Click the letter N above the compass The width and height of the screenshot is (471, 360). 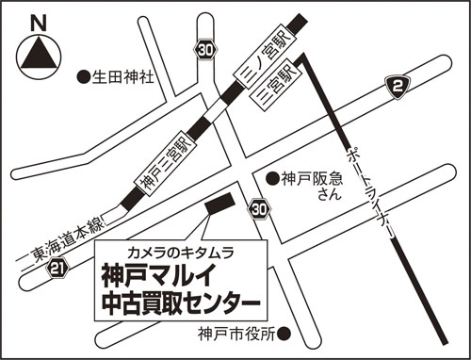coord(39,24)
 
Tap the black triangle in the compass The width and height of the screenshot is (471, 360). coord(39,54)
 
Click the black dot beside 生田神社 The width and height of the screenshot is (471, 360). coord(84,76)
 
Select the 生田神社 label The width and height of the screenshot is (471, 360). coord(122,76)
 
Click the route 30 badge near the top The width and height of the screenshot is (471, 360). coord(205,50)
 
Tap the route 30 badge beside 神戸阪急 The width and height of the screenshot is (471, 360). coord(259,210)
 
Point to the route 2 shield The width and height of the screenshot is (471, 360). coord(398,87)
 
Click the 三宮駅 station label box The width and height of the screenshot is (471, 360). coord(276,85)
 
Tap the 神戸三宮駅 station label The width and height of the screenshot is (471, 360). coord(166,163)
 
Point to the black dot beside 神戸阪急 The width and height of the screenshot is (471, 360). coord(272,179)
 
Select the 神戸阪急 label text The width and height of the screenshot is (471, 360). coord(313,179)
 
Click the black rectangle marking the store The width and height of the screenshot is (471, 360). coord(219,204)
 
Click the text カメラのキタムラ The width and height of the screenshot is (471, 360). coord(181,253)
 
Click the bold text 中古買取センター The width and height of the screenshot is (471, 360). coord(181,303)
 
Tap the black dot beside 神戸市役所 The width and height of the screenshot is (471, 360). coord(284,331)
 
